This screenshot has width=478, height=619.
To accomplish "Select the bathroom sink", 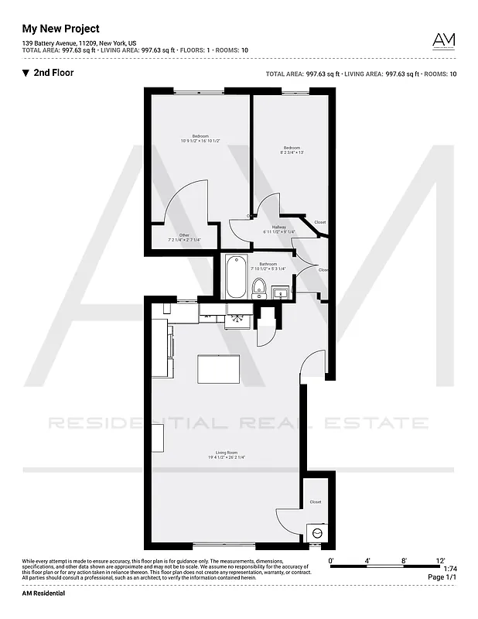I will point(281,292).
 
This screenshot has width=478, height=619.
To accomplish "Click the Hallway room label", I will point(279,227).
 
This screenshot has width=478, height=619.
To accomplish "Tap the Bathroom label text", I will point(268,264).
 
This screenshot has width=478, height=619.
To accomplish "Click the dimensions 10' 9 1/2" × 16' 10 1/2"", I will point(200,141).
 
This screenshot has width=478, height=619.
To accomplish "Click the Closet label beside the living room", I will point(315,501).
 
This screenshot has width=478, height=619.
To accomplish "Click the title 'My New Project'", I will point(60,29).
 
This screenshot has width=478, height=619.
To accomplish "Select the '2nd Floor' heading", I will point(53,74).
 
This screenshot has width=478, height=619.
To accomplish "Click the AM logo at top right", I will point(443,40).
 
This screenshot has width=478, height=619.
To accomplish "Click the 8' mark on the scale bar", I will point(404,559).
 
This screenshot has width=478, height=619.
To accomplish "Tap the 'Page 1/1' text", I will point(441,577).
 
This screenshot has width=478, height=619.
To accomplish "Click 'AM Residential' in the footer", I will point(43,593).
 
